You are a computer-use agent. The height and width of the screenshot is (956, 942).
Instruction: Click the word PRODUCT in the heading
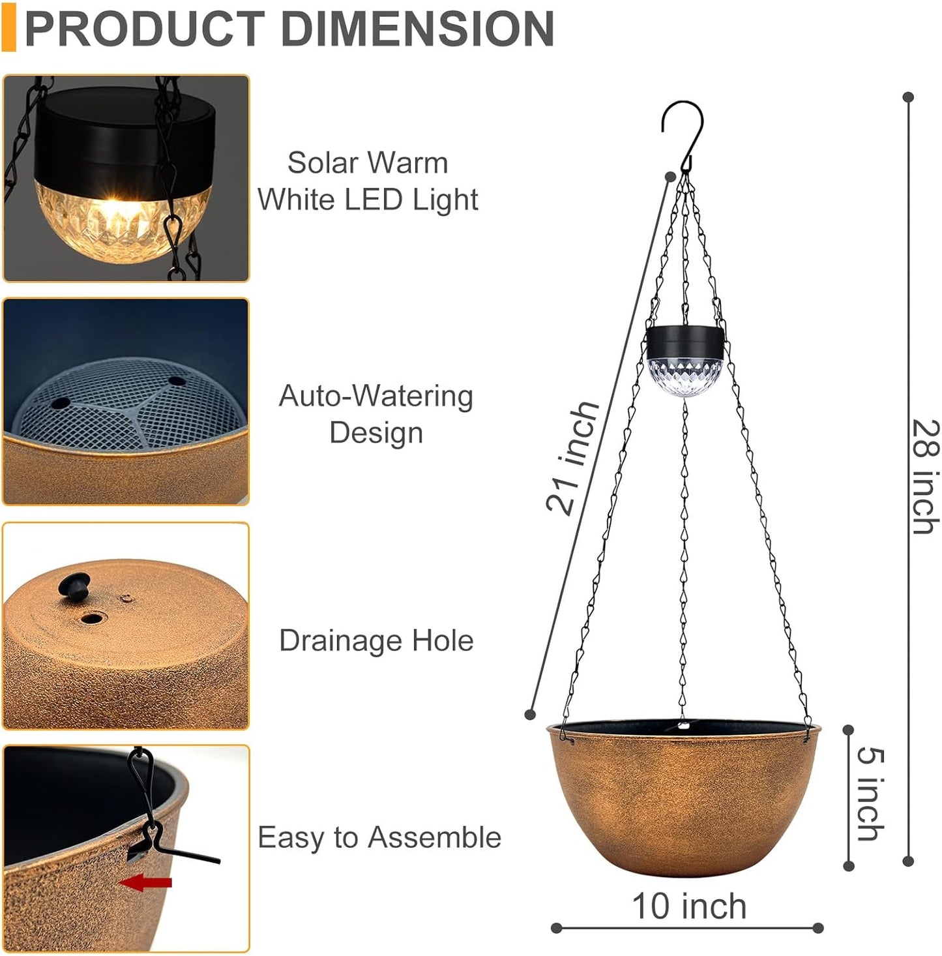144,29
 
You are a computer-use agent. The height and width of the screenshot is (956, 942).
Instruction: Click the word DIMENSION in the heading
417,29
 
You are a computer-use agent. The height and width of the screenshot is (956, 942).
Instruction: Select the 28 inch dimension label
926,476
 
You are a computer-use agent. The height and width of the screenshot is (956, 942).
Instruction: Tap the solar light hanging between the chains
686,361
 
